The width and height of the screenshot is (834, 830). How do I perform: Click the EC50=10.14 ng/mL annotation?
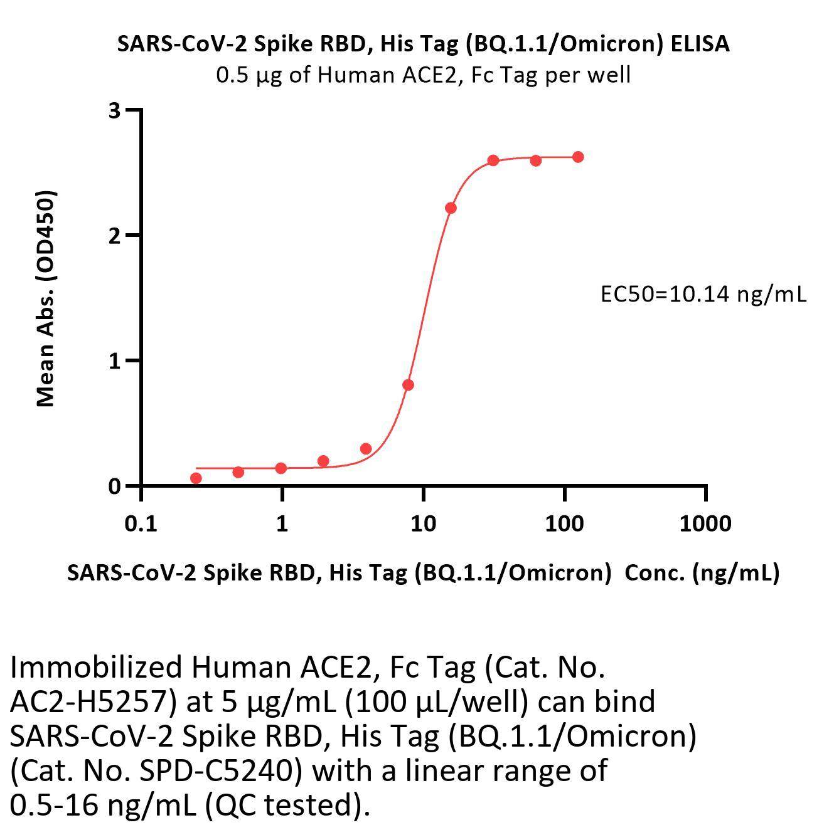[703, 294]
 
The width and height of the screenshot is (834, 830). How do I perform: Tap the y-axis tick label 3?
[114, 111]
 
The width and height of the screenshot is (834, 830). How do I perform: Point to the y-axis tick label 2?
[114, 236]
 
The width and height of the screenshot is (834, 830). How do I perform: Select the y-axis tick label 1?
[114, 361]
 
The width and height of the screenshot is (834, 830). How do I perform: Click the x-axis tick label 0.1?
[141, 523]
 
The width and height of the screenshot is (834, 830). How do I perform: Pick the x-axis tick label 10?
[423, 523]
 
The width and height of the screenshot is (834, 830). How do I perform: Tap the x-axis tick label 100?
[564, 523]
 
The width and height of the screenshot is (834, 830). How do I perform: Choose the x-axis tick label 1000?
[705, 523]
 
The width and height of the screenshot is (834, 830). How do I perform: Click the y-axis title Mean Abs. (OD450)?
[46, 298]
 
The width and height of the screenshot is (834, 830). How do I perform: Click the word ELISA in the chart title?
[700, 44]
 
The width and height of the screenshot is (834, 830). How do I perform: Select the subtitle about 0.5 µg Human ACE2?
[423, 75]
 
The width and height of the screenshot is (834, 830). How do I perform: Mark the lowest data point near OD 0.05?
[196, 478]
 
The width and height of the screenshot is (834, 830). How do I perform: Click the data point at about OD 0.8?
[408, 385]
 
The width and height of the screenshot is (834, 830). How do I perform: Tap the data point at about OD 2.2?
[451, 208]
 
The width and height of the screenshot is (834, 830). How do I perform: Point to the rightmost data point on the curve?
[578, 157]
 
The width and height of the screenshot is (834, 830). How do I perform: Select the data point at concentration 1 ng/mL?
[281, 468]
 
